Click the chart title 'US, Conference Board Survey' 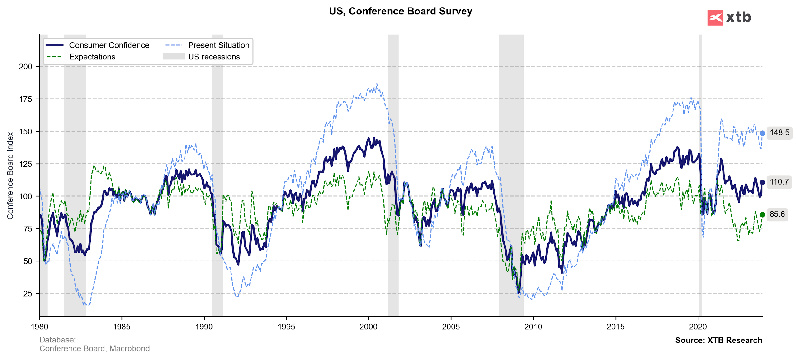click(400, 11)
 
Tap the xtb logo click(729, 18)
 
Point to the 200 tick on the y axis click(26, 67)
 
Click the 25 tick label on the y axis click(28, 294)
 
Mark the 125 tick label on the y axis click(26, 164)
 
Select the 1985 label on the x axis click(122, 327)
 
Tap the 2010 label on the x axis click(533, 327)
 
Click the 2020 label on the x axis click(698, 327)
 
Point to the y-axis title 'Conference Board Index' click(10, 176)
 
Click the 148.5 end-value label click(779, 133)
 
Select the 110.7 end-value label click(779, 182)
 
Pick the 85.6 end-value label click(777, 214)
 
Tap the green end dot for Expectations click(763, 215)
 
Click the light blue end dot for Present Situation click(763, 133)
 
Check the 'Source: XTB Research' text click(718, 340)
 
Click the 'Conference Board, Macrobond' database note click(94, 349)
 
